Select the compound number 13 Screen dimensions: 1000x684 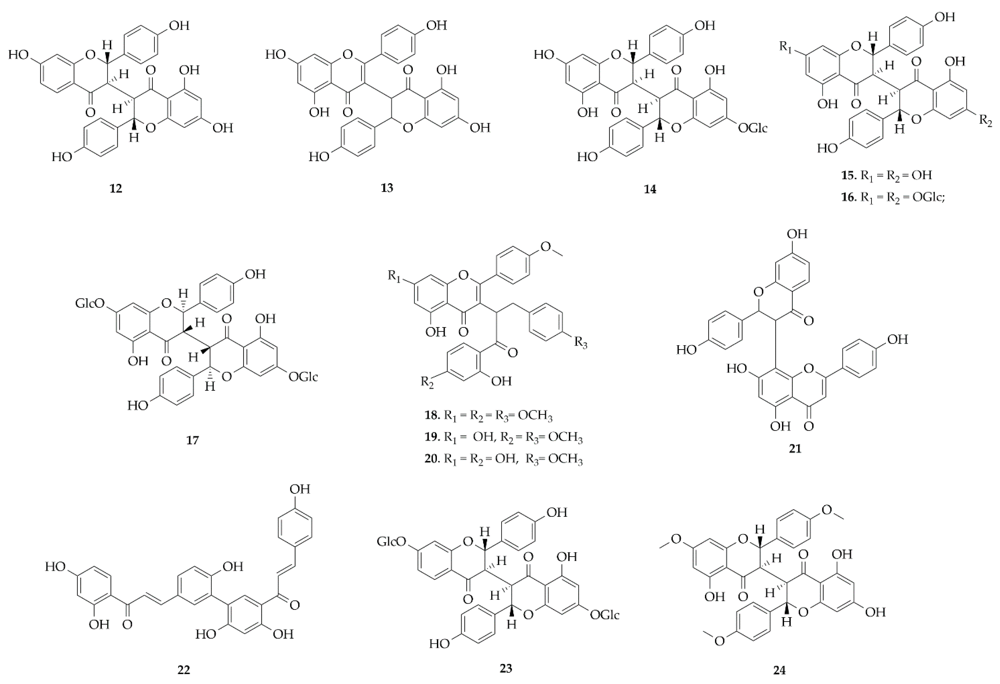[x=387, y=188]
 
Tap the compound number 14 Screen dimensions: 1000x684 [x=650, y=189]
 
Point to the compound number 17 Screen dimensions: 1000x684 [x=192, y=440]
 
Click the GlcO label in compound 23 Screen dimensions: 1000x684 [x=391, y=542]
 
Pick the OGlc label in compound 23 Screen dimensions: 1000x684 [x=605, y=615]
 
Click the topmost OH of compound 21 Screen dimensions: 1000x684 [x=797, y=234]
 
